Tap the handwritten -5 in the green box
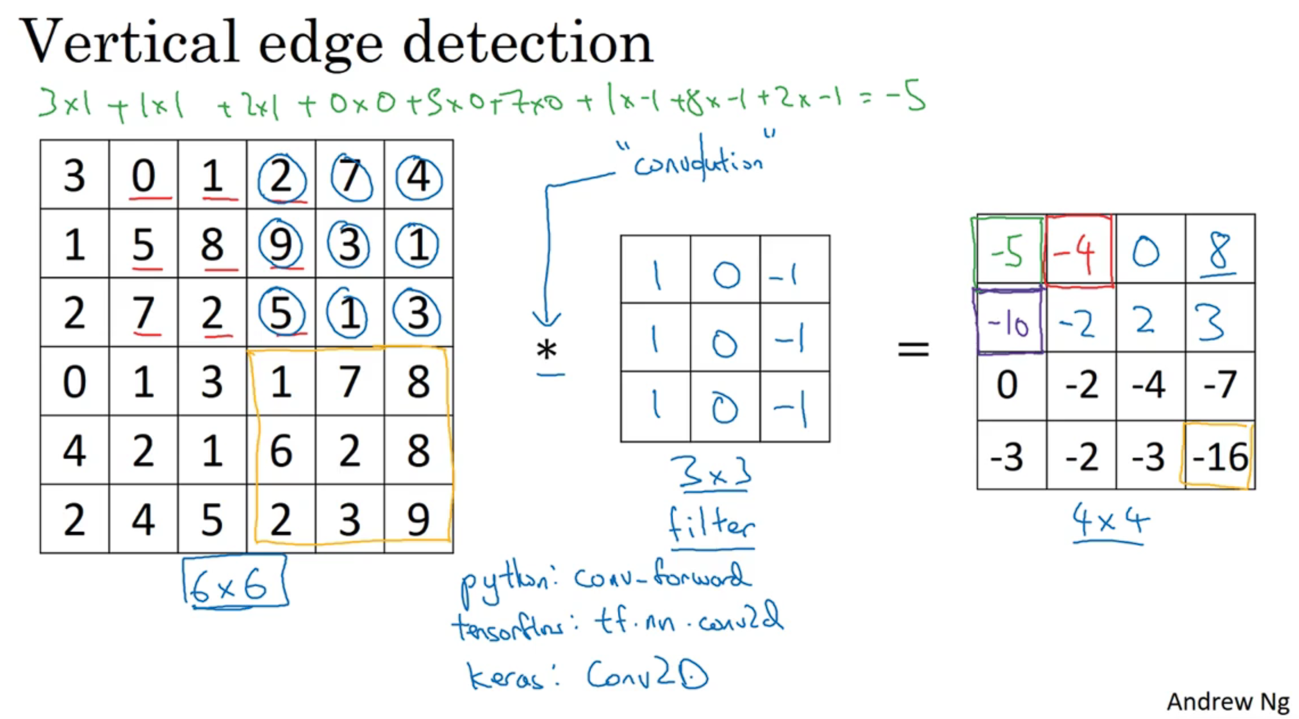(x=1007, y=252)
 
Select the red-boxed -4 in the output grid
(x=1078, y=252)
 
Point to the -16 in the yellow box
(x=1219, y=457)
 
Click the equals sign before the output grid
(x=913, y=348)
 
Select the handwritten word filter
(x=712, y=524)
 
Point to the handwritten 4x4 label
(x=1109, y=520)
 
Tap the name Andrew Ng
(x=1227, y=702)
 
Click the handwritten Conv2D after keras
(x=647, y=675)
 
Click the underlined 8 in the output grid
(x=1219, y=250)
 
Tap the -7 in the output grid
(x=1219, y=385)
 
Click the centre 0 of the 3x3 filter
(x=725, y=344)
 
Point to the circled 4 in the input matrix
(x=418, y=176)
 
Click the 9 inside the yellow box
(x=418, y=519)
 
